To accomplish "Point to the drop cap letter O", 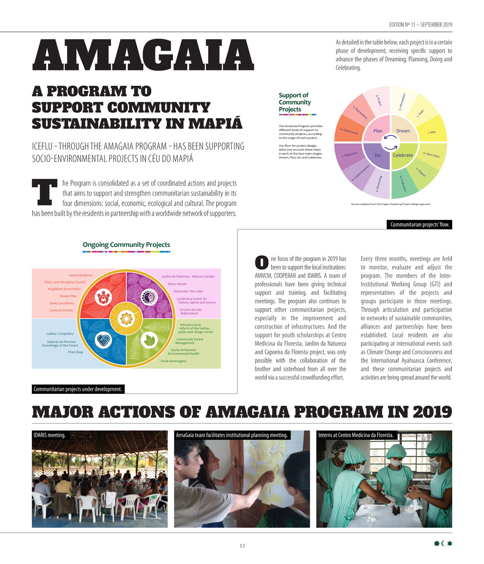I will (261, 262).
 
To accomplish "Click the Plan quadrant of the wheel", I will (378, 131).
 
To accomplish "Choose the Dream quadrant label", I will (403, 131).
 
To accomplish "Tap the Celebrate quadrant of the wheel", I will (402, 155).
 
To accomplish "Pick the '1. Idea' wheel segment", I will (432, 132).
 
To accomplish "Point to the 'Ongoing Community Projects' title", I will (126, 245).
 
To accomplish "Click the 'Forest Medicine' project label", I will (81, 275).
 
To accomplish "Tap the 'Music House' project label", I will (177, 284).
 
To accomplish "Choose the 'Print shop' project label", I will (75, 352).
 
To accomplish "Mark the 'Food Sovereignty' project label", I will (173, 361).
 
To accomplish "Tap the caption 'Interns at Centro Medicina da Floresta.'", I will (356, 435).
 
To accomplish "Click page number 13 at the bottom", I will (242, 546).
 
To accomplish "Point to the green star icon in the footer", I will (450, 544).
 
